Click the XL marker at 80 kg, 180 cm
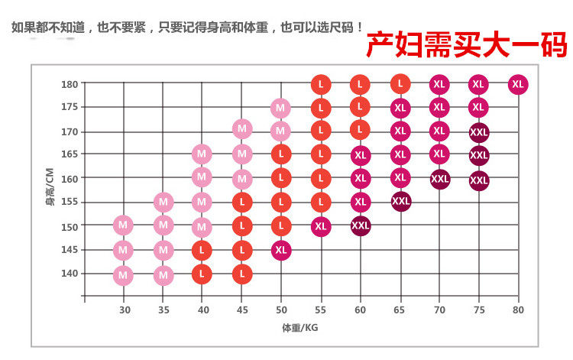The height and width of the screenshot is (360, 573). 518,84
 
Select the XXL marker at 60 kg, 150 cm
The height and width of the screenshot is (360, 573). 361,226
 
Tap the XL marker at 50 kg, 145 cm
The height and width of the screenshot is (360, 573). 281,250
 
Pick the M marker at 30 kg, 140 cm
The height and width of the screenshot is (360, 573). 123,274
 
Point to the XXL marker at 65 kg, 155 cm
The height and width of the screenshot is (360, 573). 400,202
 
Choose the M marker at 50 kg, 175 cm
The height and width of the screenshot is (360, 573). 281,108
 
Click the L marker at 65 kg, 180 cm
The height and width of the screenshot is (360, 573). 400,83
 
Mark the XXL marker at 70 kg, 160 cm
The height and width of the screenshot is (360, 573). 439,179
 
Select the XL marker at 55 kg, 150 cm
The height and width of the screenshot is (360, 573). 321,226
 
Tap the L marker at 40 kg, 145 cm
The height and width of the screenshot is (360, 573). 202,250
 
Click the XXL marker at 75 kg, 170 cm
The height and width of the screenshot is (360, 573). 479,132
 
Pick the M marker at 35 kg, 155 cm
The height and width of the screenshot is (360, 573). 163,202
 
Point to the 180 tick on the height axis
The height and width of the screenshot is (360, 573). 70,84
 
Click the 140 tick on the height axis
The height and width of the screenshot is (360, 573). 70,274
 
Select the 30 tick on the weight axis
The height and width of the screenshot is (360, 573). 124,310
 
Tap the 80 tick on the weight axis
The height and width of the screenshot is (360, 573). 518,310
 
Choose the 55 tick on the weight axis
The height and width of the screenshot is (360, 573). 321,310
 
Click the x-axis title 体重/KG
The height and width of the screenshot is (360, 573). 299,327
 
